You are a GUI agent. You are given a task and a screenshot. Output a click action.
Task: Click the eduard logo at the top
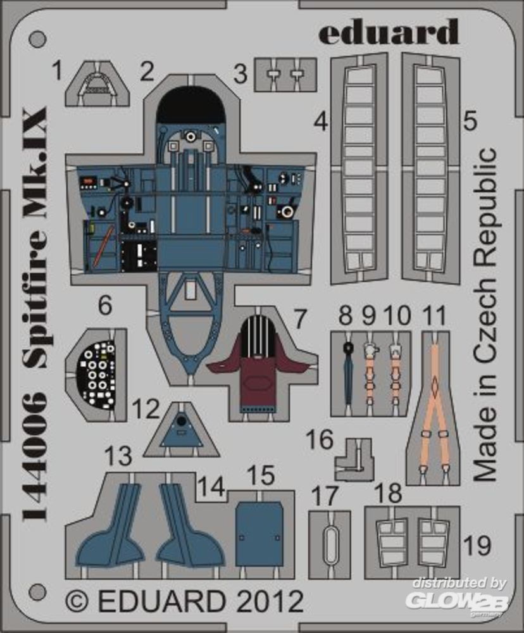388,32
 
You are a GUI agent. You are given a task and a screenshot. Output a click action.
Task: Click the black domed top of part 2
190,104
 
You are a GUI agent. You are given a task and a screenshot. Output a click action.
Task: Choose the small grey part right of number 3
285,75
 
